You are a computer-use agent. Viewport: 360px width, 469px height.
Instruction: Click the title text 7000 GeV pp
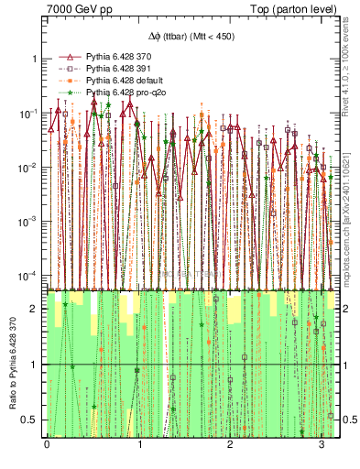pos(76,8)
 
